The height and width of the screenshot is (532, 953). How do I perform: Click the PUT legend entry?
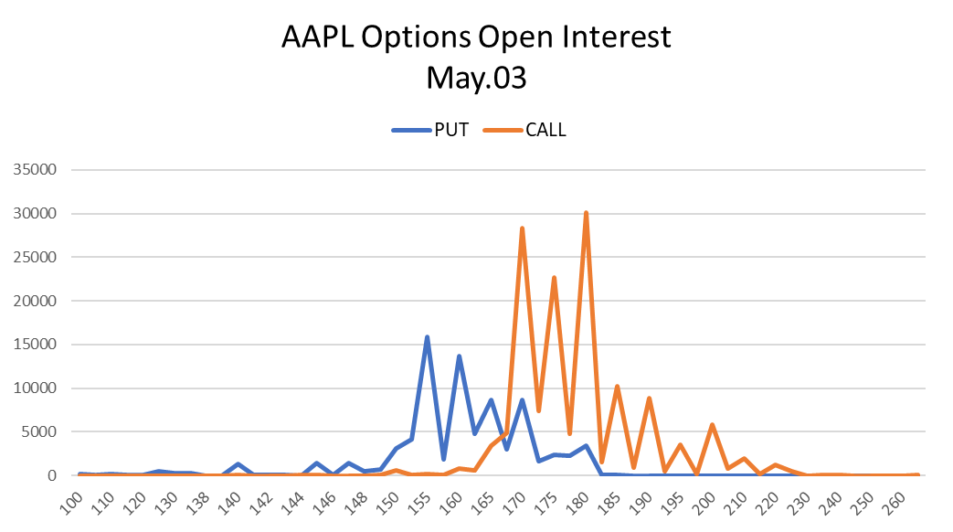coord(430,130)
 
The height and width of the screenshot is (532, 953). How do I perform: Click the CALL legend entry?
coord(524,130)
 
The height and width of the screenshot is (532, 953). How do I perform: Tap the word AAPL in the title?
coord(318,37)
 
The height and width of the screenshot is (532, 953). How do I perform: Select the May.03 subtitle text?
coord(477,78)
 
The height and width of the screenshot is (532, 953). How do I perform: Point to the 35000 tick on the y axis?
coord(36,170)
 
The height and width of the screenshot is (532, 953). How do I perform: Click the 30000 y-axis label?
coord(36,213)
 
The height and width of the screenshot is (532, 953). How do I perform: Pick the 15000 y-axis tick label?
coord(36,344)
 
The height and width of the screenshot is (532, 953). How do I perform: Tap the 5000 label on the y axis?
coord(39,431)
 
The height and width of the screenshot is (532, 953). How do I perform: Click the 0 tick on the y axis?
coord(52,475)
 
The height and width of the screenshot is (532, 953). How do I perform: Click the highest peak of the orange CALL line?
coord(586,213)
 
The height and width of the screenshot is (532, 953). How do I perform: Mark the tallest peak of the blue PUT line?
coord(428,337)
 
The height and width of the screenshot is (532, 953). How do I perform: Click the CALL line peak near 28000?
coord(522,229)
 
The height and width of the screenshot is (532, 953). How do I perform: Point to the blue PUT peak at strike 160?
coord(459,356)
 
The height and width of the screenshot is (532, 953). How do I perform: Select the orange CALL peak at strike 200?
coord(713,425)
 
